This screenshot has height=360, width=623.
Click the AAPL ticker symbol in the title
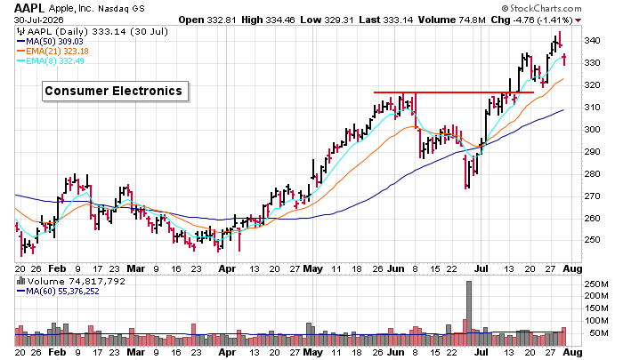(x=29, y=8)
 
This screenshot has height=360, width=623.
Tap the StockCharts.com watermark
(x=541, y=8)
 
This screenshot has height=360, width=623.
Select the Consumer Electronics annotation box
(x=115, y=92)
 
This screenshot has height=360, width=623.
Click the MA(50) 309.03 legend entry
(x=50, y=41)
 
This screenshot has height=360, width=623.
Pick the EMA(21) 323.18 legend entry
(x=53, y=52)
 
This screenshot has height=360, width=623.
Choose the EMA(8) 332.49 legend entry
(x=51, y=61)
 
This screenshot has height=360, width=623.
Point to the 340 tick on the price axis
(x=593, y=41)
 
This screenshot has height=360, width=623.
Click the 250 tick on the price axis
(x=593, y=240)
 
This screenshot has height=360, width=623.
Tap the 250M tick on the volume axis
(x=596, y=284)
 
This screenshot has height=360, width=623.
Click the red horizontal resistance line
(x=454, y=92)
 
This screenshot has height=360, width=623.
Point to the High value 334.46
(x=268, y=20)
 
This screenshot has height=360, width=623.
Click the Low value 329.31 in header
(x=327, y=20)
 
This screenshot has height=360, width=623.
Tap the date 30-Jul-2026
(x=38, y=20)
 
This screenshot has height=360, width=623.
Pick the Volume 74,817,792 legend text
(x=71, y=282)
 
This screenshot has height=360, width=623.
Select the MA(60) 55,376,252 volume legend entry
(x=58, y=292)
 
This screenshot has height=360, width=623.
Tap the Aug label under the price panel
(x=572, y=268)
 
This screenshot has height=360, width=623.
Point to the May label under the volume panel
(x=312, y=353)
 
